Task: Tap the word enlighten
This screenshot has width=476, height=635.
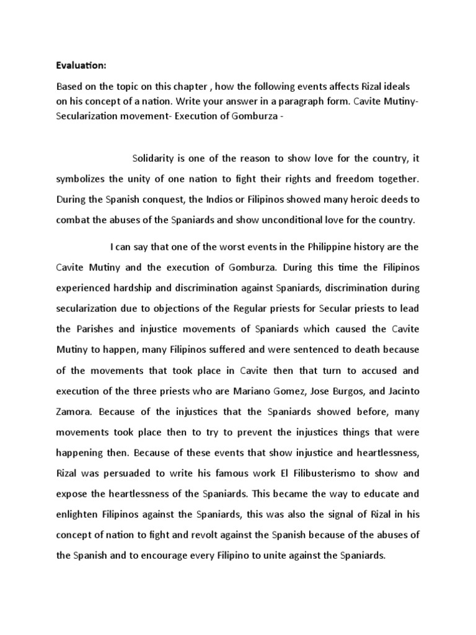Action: click(77, 514)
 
